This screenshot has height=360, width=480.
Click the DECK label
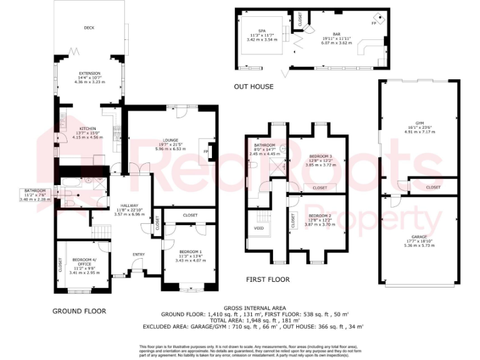click(x=89, y=28)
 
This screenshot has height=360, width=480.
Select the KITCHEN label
click(x=87, y=129)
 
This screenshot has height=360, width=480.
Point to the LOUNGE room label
click(x=170, y=140)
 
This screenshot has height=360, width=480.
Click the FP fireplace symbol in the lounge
click(x=205, y=151)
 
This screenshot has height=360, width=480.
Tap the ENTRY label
click(x=138, y=254)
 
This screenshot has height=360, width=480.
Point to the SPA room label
click(x=255, y=31)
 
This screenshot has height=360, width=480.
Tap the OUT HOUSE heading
click(x=253, y=86)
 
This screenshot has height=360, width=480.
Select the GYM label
click(x=419, y=122)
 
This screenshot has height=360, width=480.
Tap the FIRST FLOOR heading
click(x=267, y=279)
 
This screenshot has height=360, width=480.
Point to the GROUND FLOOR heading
click(x=79, y=311)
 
